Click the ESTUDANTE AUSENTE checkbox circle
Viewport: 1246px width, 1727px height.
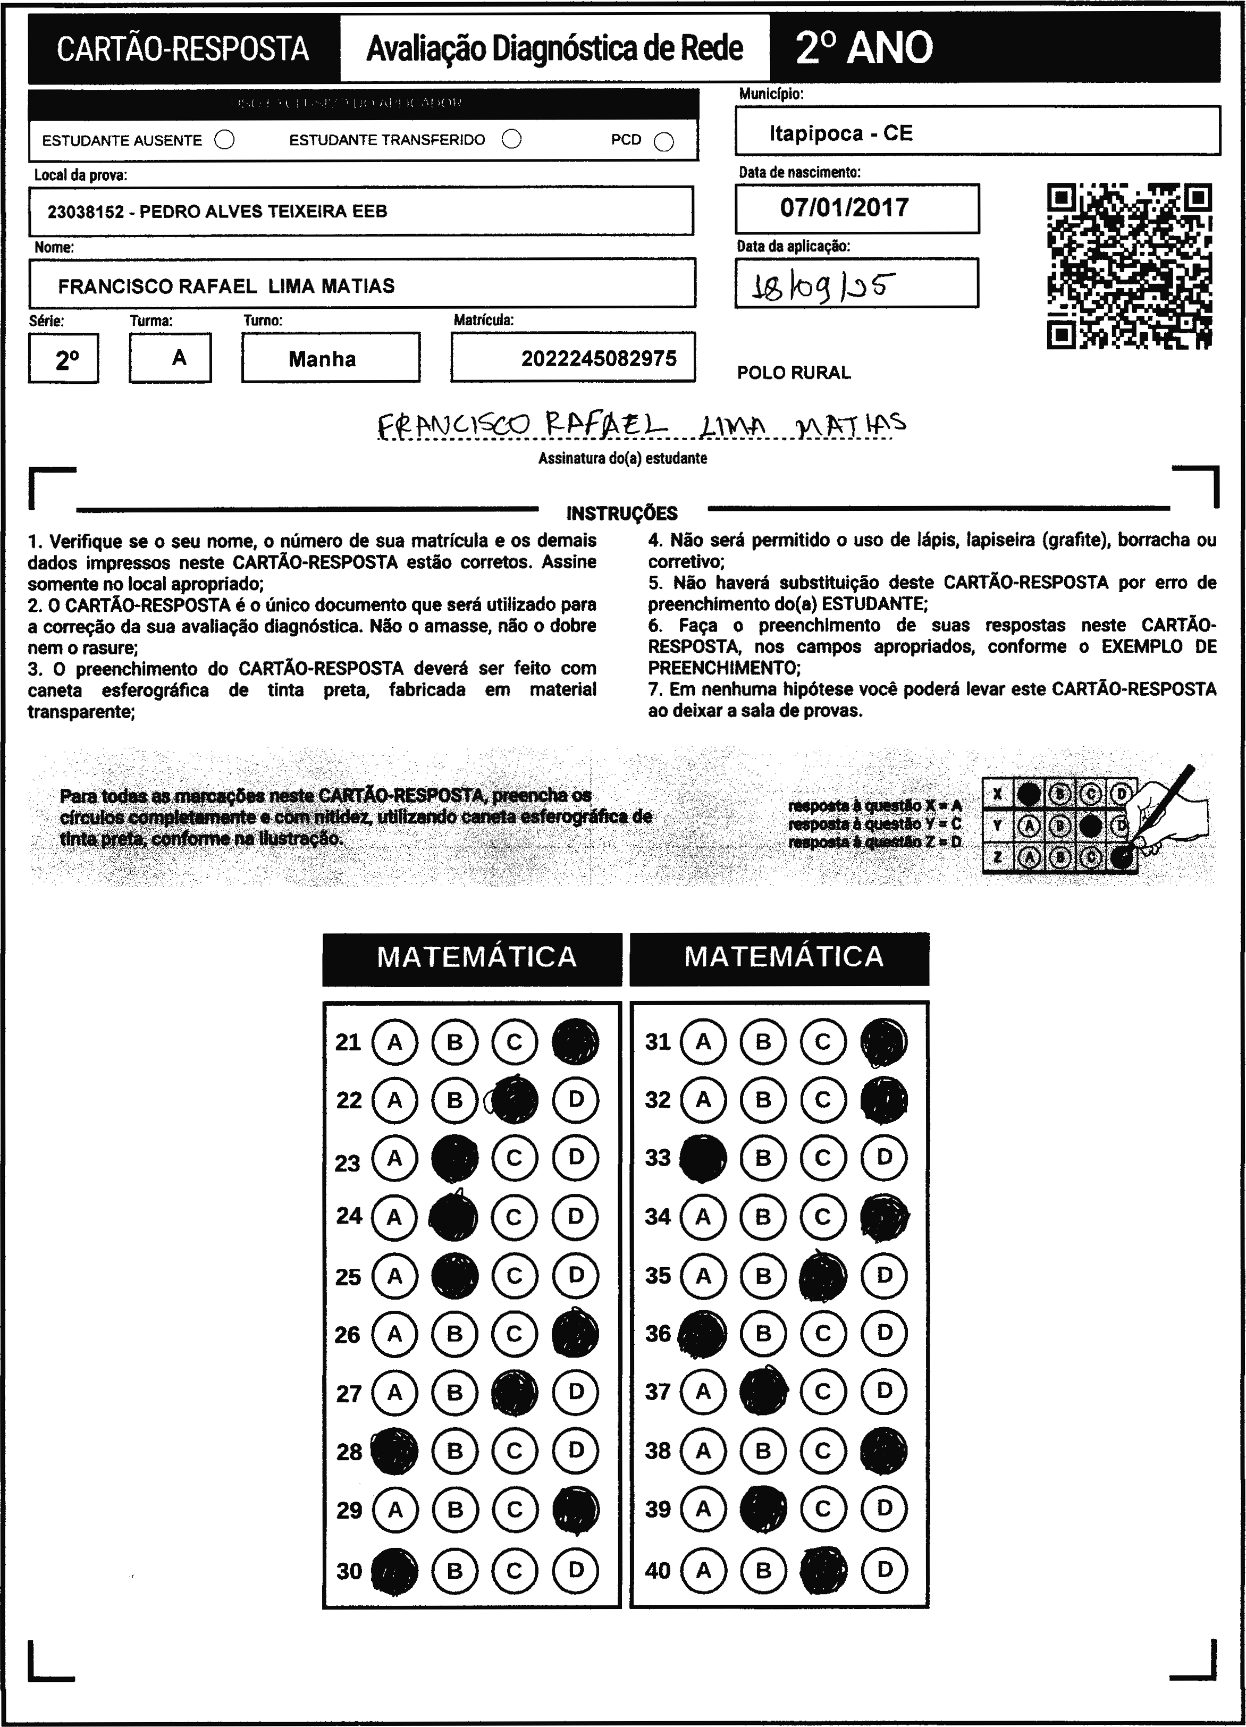[x=225, y=140]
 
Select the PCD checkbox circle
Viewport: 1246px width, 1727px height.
[x=664, y=141]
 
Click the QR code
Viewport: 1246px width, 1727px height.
[x=1130, y=266]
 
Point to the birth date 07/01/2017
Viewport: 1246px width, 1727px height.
[x=844, y=208]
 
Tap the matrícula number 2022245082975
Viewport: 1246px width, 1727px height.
[x=599, y=359]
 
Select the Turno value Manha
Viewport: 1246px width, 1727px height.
[x=322, y=359]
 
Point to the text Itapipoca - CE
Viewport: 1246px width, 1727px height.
[x=840, y=134]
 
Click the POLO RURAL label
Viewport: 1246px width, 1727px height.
[x=794, y=373]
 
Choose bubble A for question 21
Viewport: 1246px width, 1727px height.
[x=394, y=1042]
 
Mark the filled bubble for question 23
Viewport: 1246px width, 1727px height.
[x=454, y=1158]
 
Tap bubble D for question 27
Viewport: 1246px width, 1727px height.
[x=576, y=1392]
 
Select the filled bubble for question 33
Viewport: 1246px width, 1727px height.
[x=702, y=1158]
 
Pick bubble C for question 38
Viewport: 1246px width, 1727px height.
[x=822, y=1451]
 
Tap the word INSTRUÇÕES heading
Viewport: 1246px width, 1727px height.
[x=621, y=513]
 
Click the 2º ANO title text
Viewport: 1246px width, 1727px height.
[x=864, y=48]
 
